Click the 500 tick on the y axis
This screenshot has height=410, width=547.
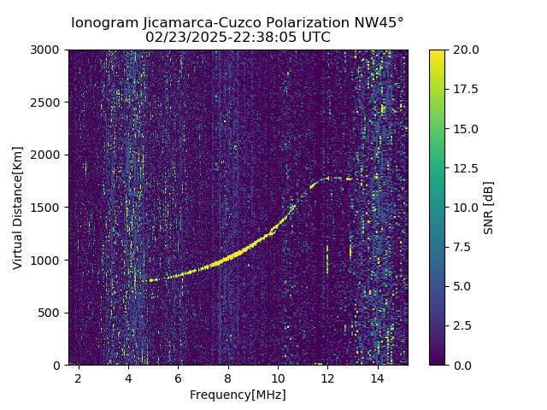click(x=52, y=313)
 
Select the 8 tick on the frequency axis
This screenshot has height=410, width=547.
click(x=228, y=377)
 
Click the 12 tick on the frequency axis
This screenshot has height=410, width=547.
click(x=327, y=377)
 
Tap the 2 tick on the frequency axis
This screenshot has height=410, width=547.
click(x=79, y=377)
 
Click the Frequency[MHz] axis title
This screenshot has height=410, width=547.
click(x=238, y=395)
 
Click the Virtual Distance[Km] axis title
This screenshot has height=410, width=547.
click(x=18, y=208)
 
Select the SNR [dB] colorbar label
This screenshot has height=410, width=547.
click(x=489, y=208)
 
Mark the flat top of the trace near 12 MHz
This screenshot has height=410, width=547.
click(x=338, y=179)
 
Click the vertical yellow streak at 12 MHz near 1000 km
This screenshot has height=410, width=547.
click(x=326, y=260)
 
